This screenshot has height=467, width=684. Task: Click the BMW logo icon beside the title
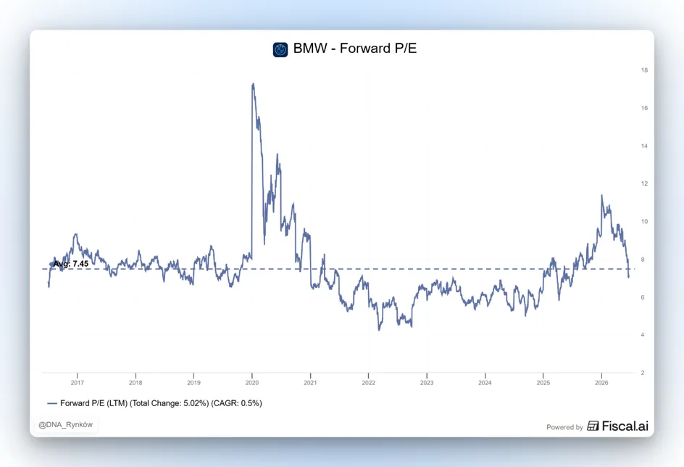280,49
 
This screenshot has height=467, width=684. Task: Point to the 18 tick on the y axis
644,70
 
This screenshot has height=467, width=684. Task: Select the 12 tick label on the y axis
644,183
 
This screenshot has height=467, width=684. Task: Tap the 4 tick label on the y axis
643,335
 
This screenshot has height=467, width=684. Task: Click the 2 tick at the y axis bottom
643,373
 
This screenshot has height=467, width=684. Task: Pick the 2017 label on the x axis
78,383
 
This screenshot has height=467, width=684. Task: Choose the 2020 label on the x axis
252,383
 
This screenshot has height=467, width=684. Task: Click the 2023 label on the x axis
427,383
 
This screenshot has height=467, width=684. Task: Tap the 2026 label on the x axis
601,383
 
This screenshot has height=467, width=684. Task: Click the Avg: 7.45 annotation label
71,264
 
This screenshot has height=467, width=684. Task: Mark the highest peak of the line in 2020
253,83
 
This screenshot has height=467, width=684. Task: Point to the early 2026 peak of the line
602,195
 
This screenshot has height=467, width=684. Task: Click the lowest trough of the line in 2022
379,330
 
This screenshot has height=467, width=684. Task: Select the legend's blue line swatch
52,404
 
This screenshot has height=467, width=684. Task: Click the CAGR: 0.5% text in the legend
236,403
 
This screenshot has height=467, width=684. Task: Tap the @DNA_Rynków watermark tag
65,425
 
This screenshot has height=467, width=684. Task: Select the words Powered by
564,427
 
